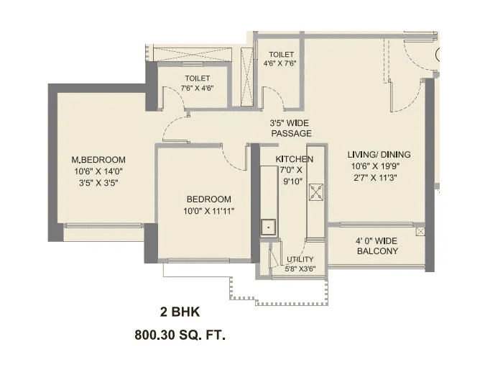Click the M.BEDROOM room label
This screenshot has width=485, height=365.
tap(98, 160)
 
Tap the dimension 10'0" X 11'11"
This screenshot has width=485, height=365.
tap(209, 211)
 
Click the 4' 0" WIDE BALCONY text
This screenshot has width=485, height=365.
tap(377, 245)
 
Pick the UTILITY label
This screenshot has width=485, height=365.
tap(300, 260)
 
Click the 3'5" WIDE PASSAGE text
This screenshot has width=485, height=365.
tap(290, 128)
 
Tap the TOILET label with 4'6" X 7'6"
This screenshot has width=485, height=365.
tap(280, 55)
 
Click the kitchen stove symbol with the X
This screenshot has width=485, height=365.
tap(316, 191)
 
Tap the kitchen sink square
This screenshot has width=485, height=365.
tap(269, 227)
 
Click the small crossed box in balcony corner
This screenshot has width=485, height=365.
tap(420, 232)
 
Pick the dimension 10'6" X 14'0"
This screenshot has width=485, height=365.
tap(98, 171)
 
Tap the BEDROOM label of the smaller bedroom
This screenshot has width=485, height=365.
tap(209, 199)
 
